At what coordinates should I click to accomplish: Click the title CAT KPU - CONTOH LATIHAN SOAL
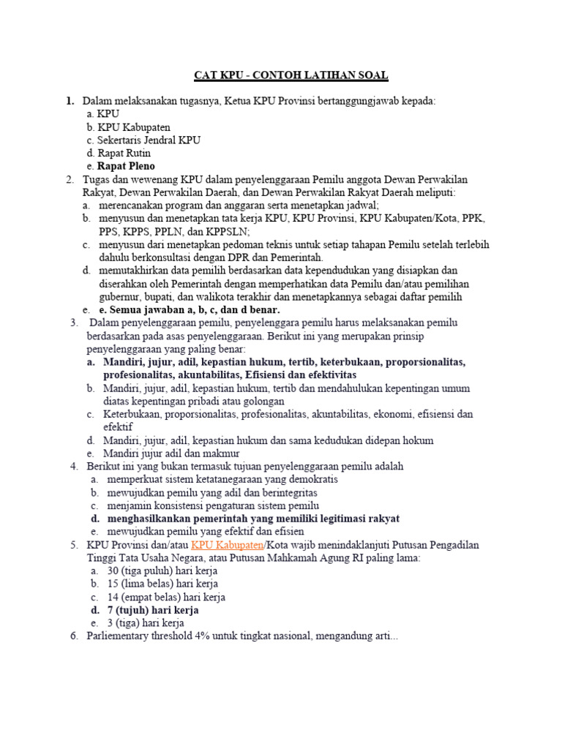click(x=291, y=75)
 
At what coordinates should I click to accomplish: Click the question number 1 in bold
click(x=70, y=100)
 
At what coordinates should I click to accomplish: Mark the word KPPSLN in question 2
click(x=225, y=232)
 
